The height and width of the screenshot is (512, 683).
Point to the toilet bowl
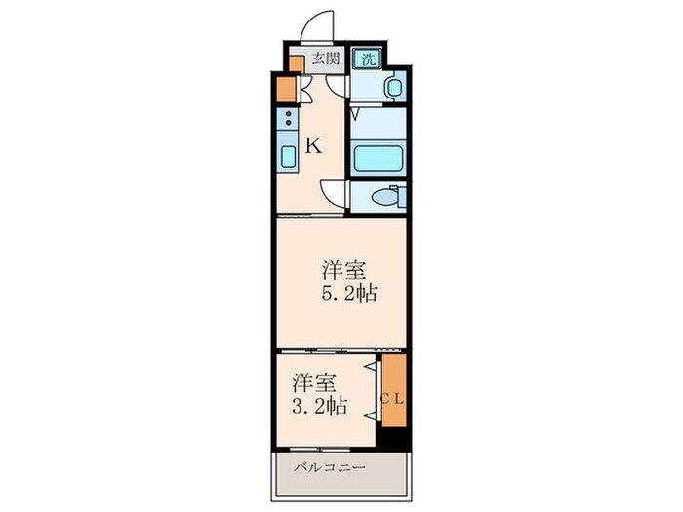pos(386,197)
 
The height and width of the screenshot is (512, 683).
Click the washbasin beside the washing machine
pos(394,88)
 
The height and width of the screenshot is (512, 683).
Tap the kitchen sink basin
pos(289,157)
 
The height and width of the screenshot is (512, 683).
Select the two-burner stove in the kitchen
pos(289,122)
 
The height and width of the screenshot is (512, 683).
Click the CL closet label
pos(393,398)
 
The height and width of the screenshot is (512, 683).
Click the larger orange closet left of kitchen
pos(286,90)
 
